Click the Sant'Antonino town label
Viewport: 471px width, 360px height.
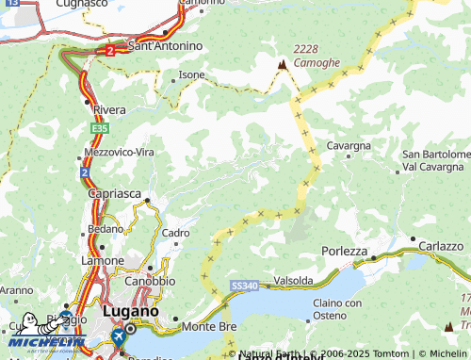click(x=165, y=45)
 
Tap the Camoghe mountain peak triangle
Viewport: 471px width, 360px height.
click(x=282, y=64)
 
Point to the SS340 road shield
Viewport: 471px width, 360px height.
click(x=243, y=285)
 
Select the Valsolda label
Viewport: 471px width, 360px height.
click(x=294, y=281)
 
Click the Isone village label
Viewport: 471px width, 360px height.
click(x=192, y=74)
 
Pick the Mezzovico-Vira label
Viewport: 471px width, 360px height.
click(x=119, y=152)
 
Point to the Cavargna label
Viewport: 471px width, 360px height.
click(x=349, y=146)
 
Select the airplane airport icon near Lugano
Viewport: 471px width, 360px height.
click(x=120, y=335)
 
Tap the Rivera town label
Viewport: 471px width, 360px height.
click(x=109, y=109)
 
